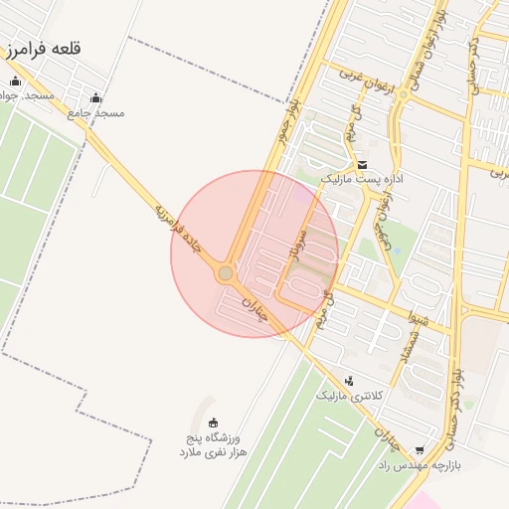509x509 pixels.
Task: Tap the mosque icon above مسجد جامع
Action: point(95,97)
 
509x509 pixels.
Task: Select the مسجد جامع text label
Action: point(96,113)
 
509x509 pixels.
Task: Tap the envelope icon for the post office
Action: point(361,165)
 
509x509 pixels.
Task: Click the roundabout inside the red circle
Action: point(226,272)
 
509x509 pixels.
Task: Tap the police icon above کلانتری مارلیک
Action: point(349,380)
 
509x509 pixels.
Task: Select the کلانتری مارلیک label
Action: point(349,396)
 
